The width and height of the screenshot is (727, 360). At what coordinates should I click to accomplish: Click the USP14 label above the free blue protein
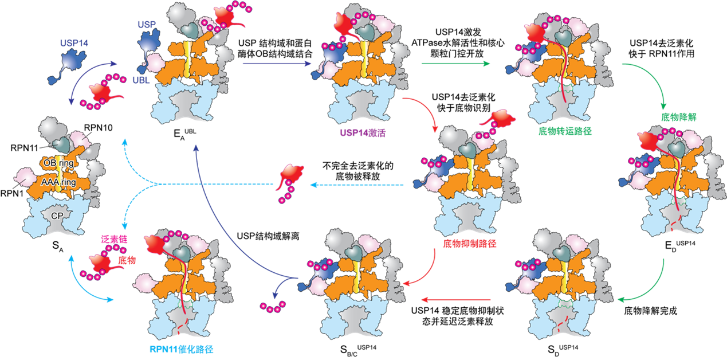click(x=73, y=42)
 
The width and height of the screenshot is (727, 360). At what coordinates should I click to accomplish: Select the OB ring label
click(x=58, y=163)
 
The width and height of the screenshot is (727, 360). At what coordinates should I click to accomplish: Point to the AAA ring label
click(x=56, y=182)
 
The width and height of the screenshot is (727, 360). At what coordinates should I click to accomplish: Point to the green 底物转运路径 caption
click(x=564, y=131)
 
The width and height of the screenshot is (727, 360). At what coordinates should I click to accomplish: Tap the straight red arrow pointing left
click(x=456, y=300)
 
